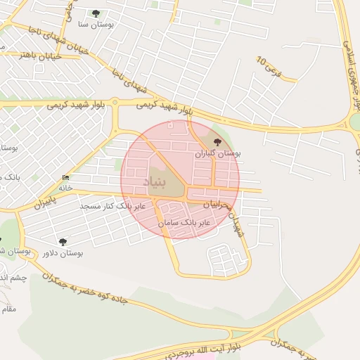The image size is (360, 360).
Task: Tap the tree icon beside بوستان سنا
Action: coord(96,13)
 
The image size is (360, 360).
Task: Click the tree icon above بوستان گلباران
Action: coord(217,142)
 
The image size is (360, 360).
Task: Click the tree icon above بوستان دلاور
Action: coord(63,242)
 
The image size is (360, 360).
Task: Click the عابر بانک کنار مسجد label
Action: coord(112,206)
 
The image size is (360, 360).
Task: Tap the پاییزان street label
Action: coord(44,202)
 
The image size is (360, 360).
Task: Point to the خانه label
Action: coord(65,188)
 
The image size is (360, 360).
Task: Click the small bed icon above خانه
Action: coord(66,177)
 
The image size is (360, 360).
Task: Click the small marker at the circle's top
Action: coord(171,125)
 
